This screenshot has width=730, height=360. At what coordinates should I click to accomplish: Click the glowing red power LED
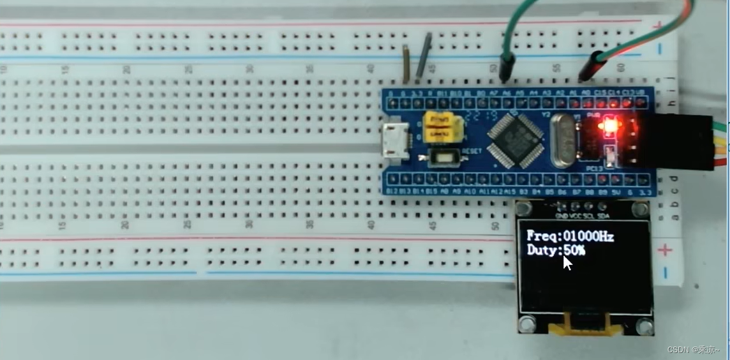click(609, 125)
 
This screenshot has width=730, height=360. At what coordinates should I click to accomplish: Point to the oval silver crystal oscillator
click(563, 140)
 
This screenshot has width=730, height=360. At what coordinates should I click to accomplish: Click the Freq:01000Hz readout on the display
click(570, 236)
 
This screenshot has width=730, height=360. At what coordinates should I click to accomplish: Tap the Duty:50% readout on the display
click(555, 250)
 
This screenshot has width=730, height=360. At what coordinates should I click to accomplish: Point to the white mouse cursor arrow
click(567, 262)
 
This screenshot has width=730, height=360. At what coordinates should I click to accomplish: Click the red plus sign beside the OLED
click(665, 250)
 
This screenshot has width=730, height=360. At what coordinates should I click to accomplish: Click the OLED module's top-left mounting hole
click(525, 209)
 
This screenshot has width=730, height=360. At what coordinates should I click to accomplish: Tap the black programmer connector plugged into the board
click(683, 142)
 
